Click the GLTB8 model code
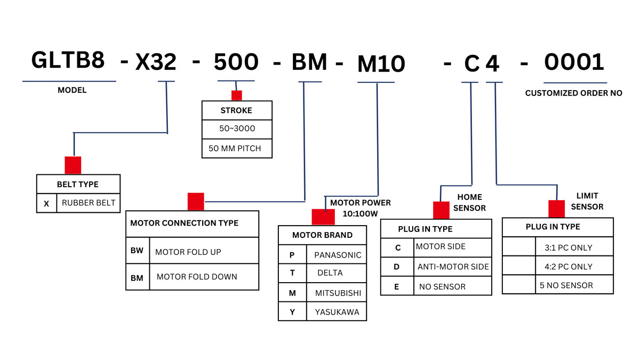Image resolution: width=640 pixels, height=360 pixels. point(68,60)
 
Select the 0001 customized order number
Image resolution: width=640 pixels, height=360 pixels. point(574,62)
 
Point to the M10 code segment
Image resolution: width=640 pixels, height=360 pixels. point(381,65)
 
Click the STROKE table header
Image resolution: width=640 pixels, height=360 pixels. point(236,110)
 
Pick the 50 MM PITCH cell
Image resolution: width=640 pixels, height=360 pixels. point(235,148)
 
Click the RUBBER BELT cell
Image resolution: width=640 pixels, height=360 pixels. point(88,203)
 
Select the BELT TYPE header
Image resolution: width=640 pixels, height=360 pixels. point(78,184)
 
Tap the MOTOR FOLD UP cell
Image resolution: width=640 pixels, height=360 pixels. point(188,252)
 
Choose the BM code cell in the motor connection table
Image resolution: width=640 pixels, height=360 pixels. point(137,277)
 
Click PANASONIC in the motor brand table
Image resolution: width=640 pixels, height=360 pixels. point(338,255)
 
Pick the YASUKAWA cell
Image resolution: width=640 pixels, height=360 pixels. point(337,312)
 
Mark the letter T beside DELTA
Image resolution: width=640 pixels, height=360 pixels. point(292,273)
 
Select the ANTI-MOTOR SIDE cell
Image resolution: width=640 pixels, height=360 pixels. point(453,267)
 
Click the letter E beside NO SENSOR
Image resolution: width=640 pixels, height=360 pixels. point(397,286)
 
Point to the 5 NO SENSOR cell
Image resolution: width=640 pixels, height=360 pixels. point(566,285)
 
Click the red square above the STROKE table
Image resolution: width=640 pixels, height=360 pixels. point(236,95)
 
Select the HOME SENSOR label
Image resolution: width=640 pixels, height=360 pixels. point(469,203)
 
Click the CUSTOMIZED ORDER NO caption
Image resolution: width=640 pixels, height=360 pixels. point(573,93)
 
